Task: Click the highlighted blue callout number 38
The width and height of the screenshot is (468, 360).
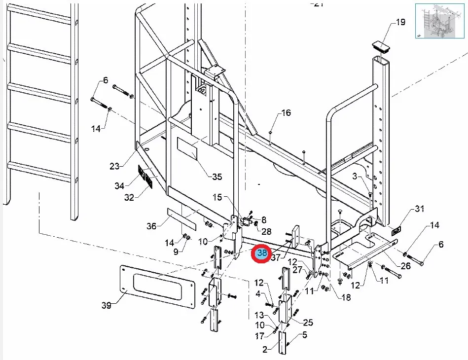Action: coord(261,253)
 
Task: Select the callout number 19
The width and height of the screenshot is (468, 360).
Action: coord(400,22)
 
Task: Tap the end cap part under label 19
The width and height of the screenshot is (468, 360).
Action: coord(383,46)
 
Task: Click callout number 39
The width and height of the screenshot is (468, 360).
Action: coord(107,306)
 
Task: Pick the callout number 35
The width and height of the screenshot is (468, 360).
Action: coord(217,177)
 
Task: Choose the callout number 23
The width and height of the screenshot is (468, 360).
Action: coord(114,166)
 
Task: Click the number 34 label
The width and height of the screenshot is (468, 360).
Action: coord(119,186)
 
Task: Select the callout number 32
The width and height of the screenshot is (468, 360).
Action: coord(129,198)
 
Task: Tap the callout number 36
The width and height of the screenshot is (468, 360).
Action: coord(151,226)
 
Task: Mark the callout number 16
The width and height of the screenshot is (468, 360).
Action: coord(286,113)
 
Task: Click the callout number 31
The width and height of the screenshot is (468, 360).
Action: coord(419,209)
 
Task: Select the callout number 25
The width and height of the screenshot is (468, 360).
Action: coord(308,323)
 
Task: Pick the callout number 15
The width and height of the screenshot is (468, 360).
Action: coord(217,197)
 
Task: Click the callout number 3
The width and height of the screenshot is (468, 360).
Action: coord(354,176)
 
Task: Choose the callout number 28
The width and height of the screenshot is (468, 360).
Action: coord(266,231)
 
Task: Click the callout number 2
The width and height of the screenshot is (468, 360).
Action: coord(265,350)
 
